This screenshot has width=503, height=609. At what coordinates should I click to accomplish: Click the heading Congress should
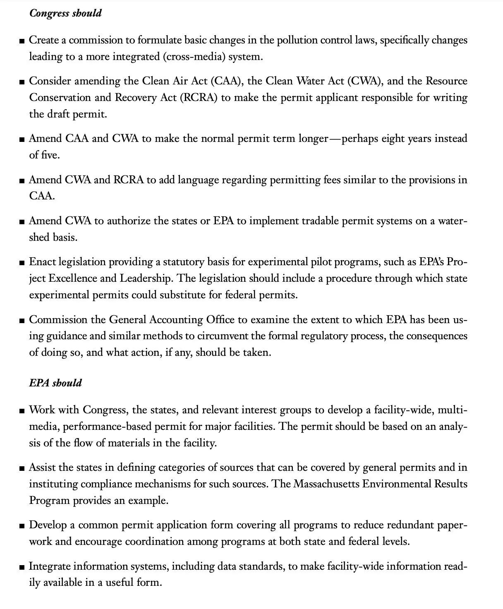pos(65,13)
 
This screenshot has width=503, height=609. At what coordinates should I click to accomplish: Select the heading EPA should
pos(55,383)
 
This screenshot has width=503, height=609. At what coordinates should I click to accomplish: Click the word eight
pos(392,138)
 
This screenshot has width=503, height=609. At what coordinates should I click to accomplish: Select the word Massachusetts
pos(326,484)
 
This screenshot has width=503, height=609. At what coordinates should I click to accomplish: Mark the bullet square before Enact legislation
pos(22,263)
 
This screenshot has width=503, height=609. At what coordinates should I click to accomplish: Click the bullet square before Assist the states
pos(22,468)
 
